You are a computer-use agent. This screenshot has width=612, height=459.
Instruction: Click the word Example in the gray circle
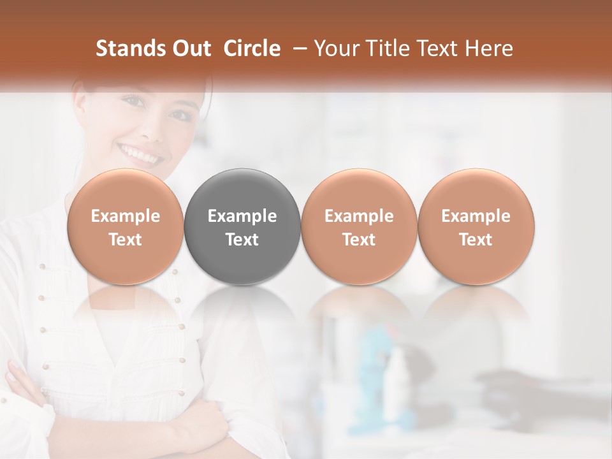coord(242,216)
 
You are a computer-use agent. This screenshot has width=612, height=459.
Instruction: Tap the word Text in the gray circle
coord(242,240)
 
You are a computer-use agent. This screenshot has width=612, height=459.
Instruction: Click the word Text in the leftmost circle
coord(126,240)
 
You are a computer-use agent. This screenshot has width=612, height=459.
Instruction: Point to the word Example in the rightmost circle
coord(476,216)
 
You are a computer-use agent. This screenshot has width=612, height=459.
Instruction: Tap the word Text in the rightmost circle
coord(476,240)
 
